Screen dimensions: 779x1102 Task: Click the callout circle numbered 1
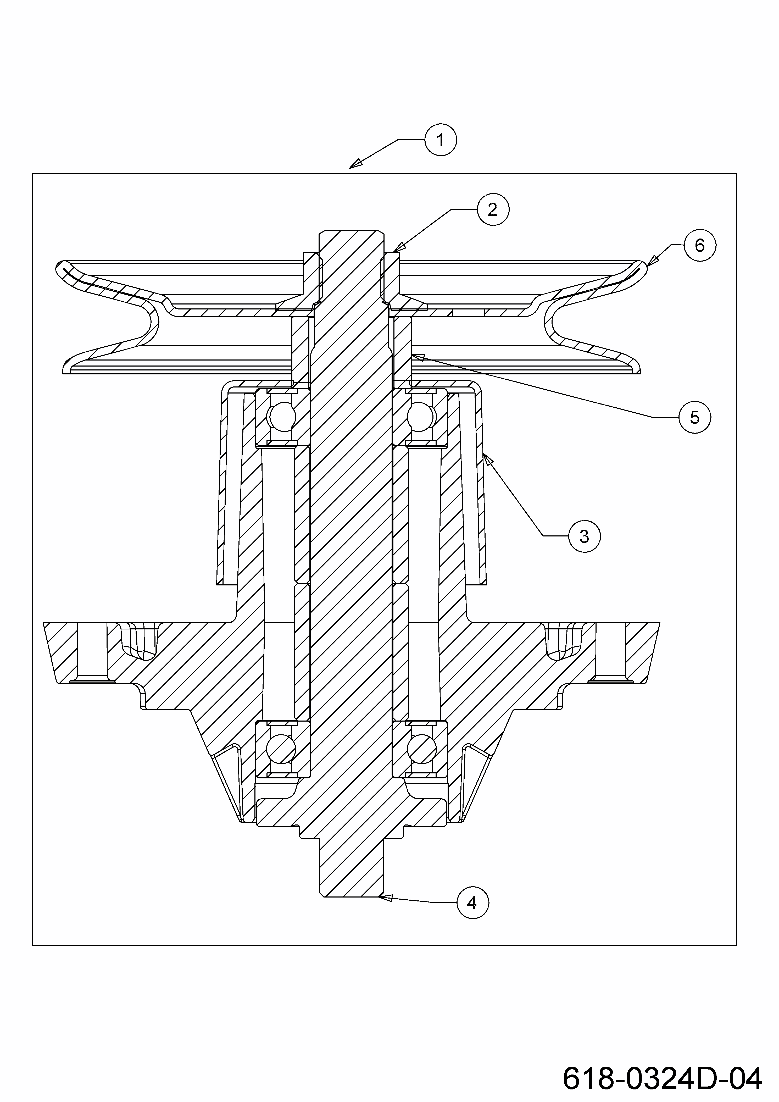point(440,140)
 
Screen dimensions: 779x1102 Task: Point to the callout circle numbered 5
point(694,418)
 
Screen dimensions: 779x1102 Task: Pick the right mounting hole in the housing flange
point(610,653)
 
